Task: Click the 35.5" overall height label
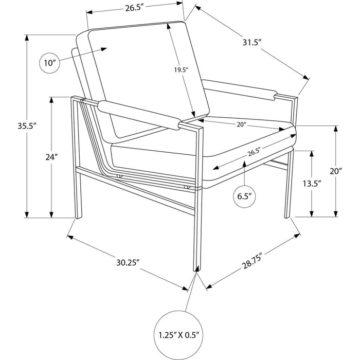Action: coord(27,126)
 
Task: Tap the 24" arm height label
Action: coord(51,157)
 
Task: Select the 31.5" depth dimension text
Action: coord(252,43)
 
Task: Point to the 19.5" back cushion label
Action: coord(181,70)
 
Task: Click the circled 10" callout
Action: coord(50,63)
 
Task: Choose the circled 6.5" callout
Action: coord(244,197)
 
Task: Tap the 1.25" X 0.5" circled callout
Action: coord(178,335)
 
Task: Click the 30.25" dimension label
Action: coord(128,262)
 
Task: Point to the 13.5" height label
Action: coord(312,184)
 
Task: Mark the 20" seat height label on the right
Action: coord(336,171)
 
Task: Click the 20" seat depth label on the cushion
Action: coord(241,124)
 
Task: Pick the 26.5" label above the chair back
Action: coord(134,8)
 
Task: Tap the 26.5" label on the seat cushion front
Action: coord(254,152)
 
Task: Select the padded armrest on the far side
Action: coord(240,90)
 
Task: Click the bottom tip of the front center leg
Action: coord(197,271)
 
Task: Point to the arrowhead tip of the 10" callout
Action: coord(107,48)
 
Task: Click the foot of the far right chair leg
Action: coord(287,217)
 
